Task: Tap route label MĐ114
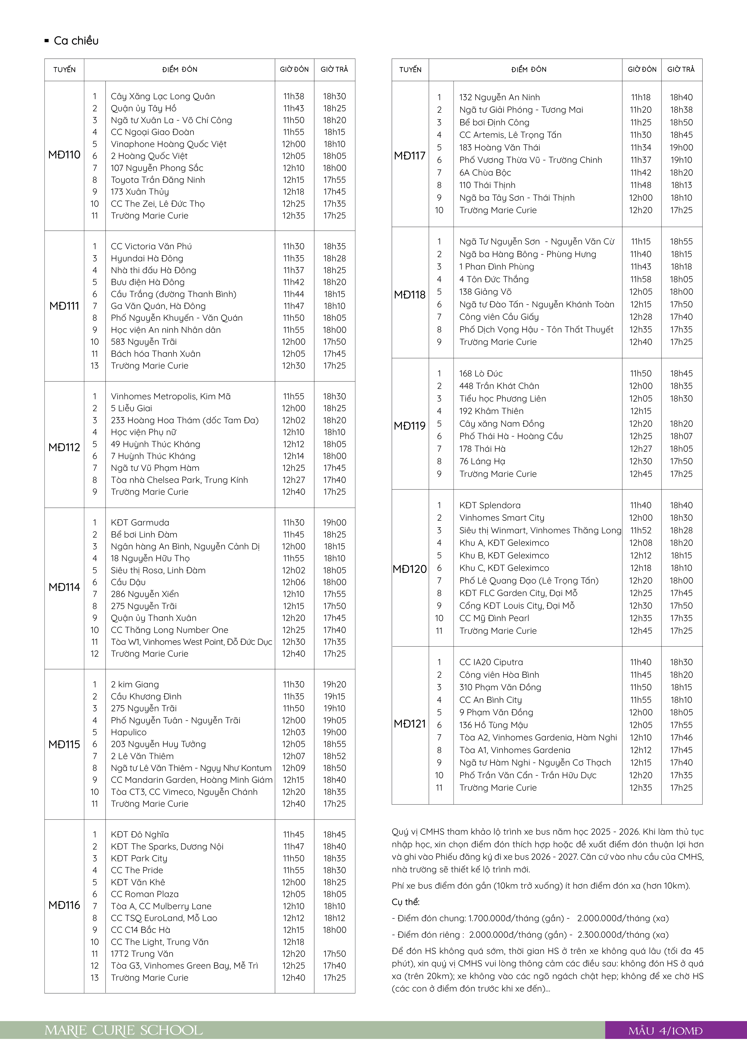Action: coord(64,587)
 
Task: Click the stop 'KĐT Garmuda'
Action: coord(140,522)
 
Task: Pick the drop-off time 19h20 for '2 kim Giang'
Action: coord(334,685)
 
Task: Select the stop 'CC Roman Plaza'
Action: coord(145,894)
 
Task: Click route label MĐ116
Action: coord(64,905)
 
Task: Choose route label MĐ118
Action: coord(410,295)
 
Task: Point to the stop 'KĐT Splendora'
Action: coord(490,505)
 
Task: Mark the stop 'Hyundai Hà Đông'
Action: coord(147,258)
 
